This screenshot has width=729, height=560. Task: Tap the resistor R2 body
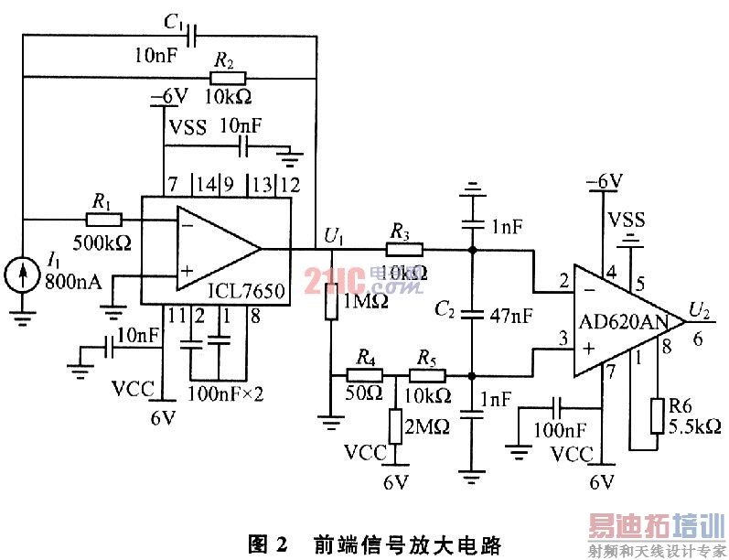click(224, 79)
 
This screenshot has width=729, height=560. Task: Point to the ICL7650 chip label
click(246, 292)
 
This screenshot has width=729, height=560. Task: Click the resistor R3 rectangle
click(402, 248)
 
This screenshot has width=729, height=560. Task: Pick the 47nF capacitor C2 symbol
click(472, 314)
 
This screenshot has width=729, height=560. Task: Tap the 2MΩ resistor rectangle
click(396, 425)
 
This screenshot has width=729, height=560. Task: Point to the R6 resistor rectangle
click(656, 415)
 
